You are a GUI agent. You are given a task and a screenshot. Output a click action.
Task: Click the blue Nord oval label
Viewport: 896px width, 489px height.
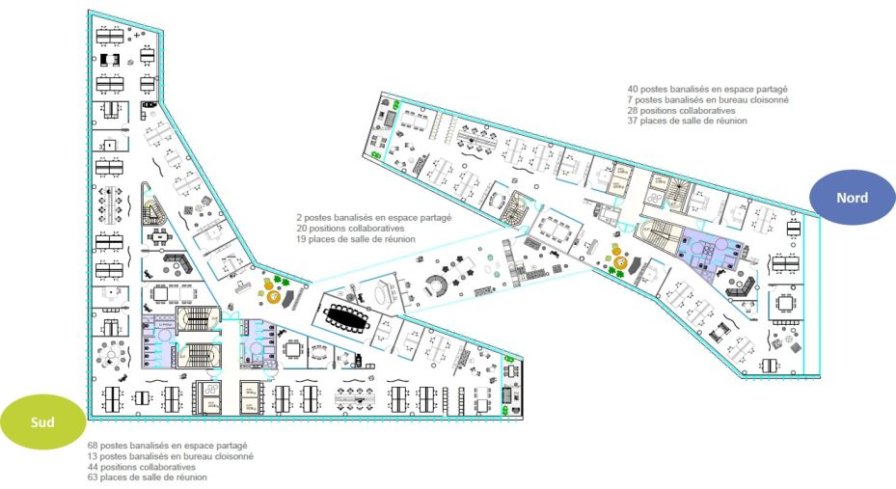tap(852, 198)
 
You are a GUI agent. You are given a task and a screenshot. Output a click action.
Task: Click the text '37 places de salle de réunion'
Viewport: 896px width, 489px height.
tap(687, 122)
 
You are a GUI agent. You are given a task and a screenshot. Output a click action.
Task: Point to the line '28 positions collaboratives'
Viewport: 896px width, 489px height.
tap(681, 110)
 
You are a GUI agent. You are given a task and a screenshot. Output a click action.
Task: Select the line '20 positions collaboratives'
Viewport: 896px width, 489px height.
tap(351, 229)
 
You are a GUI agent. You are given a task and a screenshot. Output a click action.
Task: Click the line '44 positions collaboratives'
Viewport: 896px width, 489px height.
tap(141, 467)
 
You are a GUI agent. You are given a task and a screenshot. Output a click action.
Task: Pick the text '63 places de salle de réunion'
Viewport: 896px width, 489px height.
tap(147, 477)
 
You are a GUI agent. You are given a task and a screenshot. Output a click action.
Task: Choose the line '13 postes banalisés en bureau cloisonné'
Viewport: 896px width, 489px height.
tap(170, 456)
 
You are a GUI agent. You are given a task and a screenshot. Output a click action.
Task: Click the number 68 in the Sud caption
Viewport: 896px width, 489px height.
tap(92, 446)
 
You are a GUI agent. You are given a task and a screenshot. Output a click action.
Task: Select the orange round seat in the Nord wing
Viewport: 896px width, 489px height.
tap(620, 261)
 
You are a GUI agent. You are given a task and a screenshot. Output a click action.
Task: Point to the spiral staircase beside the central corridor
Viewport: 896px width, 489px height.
tap(517, 204)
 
